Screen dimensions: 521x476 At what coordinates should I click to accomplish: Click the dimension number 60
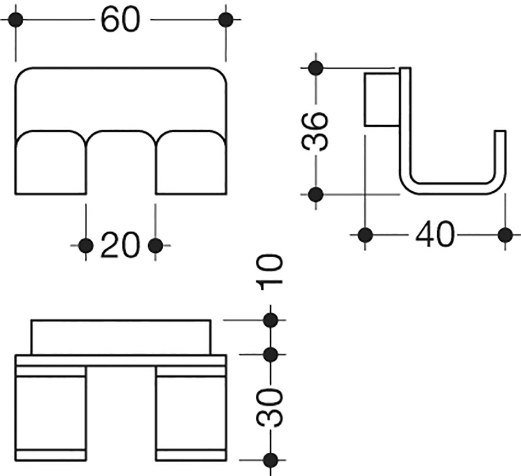click(121, 20)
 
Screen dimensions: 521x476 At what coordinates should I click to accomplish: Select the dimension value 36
click(315, 131)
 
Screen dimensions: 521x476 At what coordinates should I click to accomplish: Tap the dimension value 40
click(434, 235)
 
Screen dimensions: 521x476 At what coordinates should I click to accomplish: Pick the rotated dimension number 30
click(269, 408)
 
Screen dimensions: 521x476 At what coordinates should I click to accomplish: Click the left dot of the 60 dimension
click(15, 20)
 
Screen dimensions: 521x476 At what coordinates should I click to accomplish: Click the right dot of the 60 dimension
click(226, 20)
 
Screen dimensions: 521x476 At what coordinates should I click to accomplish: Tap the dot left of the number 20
click(86, 246)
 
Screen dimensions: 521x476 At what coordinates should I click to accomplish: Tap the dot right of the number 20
click(155, 246)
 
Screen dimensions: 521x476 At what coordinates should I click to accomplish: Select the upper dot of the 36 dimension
click(316, 68)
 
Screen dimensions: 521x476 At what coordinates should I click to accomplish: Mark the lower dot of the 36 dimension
click(316, 194)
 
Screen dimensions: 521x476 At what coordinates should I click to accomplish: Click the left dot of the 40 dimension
click(366, 235)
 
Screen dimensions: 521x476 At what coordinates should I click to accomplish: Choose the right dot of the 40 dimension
click(506, 235)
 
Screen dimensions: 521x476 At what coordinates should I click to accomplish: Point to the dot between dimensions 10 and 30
click(271, 354)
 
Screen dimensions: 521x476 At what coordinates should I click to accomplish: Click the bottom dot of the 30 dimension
click(271, 460)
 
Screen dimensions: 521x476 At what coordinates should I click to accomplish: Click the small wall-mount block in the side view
click(382, 99)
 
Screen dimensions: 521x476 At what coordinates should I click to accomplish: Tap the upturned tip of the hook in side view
click(501, 131)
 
